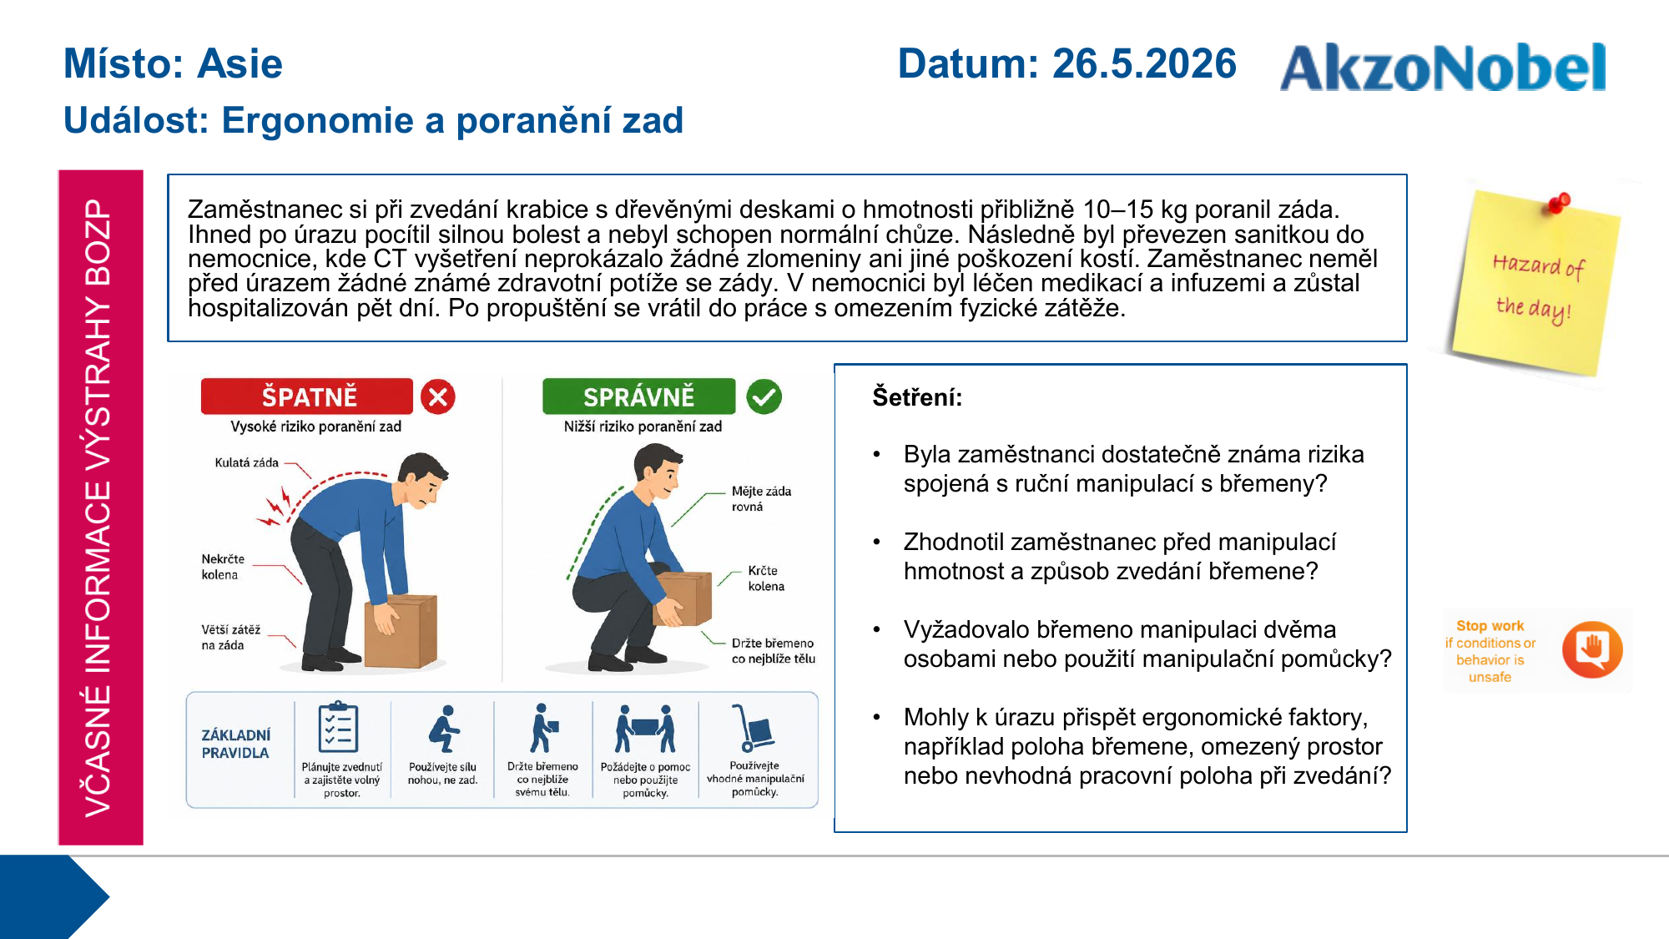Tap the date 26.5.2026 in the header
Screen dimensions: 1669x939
pos(1144,64)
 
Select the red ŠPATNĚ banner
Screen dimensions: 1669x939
pos(307,396)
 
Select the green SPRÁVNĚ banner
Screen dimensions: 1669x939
pos(639,396)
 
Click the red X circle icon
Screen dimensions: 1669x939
pos(438,396)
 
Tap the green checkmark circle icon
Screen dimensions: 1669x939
pos(764,396)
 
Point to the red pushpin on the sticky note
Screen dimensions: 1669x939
pos(1558,202)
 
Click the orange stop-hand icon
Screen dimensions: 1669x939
pos(1592,649)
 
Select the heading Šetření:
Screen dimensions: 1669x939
pos(917,397)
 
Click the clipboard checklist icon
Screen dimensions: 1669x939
pos(339,727)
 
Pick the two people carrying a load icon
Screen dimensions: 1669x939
pos(645,728)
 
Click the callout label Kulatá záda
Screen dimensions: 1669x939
pos(246,462)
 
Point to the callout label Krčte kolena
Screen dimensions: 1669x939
pos(765,578)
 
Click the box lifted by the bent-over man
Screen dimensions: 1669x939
pos(401,630)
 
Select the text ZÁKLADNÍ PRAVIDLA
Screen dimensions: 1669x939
pos(235,744)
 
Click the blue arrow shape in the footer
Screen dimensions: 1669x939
pos(54,897)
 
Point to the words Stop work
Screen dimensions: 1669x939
pos(1490,626)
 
